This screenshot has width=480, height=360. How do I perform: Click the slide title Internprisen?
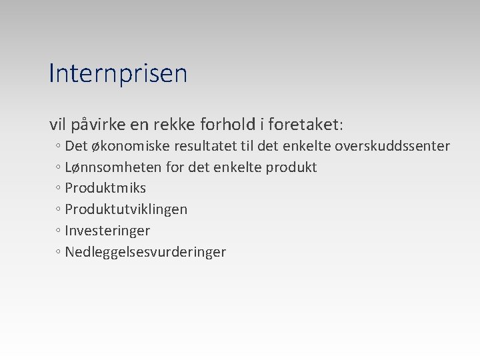118,73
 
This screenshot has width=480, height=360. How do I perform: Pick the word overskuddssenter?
392,146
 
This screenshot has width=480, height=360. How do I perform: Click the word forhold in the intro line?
233,125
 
